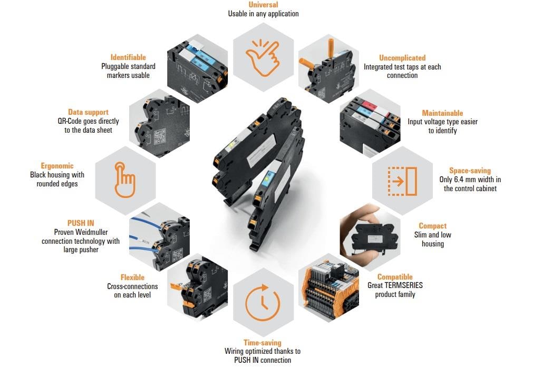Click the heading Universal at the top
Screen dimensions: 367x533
click(263, 5)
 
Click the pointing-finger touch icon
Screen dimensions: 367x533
click(125, 180)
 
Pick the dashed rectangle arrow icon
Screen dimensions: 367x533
click(402, 181)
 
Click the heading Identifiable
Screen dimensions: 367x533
click(128, 57)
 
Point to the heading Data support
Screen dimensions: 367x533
click(88, 112)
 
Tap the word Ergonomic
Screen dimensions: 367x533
click(57, 166)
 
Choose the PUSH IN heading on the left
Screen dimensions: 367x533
click(81, 223)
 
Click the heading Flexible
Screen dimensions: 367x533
click(132, 277)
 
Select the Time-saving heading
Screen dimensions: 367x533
click(262, 342)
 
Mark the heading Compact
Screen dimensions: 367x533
click(432, 226)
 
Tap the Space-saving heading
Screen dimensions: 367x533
click(470, 171)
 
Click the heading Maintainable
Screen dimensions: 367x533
click(442, 113)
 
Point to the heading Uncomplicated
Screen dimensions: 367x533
click(402, 58)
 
